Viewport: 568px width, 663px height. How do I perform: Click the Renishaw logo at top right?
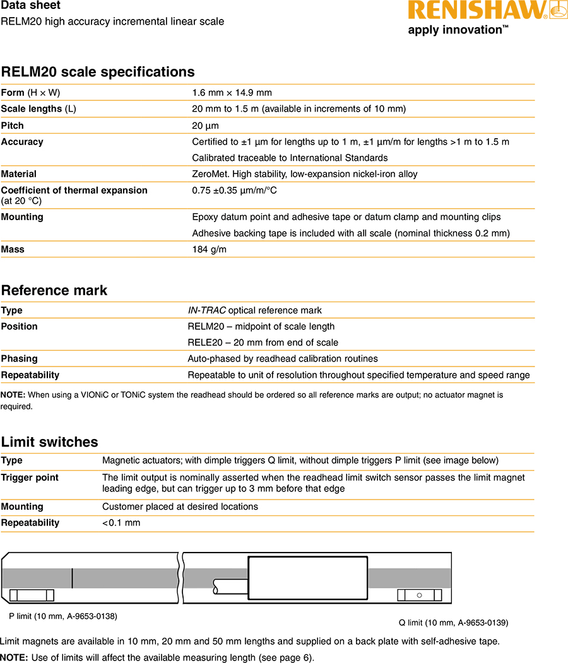(x=487, y=11)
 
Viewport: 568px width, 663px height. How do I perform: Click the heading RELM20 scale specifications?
(x=98, y=72)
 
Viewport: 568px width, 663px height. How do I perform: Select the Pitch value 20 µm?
(x=205, y=126)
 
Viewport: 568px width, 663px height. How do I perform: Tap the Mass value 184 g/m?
(x=209, y=249)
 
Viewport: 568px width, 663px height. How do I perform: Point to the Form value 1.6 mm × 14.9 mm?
(x=232, y=93)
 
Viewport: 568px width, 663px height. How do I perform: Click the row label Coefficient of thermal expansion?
(x=74, y=191)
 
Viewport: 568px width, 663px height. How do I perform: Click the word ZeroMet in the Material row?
(x=209, y=174)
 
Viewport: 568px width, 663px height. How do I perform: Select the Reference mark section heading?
(x=54, y=290)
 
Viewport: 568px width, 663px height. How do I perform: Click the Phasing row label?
(x=19, y=358)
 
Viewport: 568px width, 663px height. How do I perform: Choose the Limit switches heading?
(x=49, y=442)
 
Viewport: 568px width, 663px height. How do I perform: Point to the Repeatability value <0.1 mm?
(x=121, y=522)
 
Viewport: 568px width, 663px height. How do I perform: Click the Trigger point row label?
(x=30, y=478)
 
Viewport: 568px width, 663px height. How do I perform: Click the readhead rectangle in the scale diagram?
(x=307, y=577)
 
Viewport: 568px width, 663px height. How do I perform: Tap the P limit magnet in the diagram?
(x=33, y=596)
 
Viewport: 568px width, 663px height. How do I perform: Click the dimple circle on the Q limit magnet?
(x=419, y=596)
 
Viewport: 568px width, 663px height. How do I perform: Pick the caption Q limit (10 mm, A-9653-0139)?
(x=453, y=623)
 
